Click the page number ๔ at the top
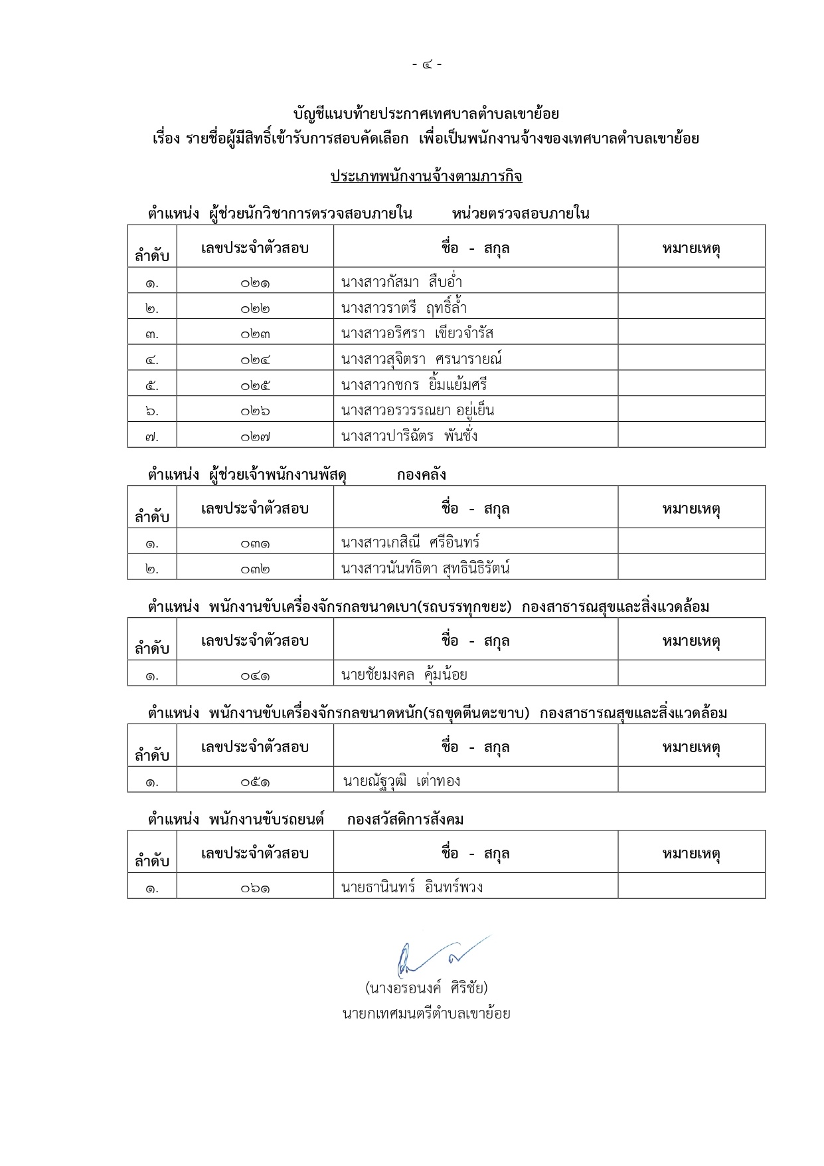click(x=426, y=64)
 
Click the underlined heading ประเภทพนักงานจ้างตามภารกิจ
click(x=426, y=177)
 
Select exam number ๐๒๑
click(x=255, y=283)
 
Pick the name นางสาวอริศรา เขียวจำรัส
click(x=417, y=334)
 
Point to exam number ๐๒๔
click(x=255, y=359)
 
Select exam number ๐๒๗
click(x=255, y=437)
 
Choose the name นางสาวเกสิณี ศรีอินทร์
click(x=410, y=542)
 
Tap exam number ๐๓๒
click(x=255, y=569)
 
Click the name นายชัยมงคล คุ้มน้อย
click(x=404, y=675)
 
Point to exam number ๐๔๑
click(x=255, y=676)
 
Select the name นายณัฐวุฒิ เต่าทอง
click(x=401, y=781)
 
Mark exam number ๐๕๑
click(x=255, y=782)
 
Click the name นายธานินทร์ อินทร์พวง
click(x=412, y=887)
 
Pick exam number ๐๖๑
click(x=255, y=888)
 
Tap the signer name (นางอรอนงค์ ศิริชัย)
click(x=426, y=988)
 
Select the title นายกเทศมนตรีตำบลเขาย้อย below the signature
click(x=426, y=1014)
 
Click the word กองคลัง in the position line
click(x=421, y=475)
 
